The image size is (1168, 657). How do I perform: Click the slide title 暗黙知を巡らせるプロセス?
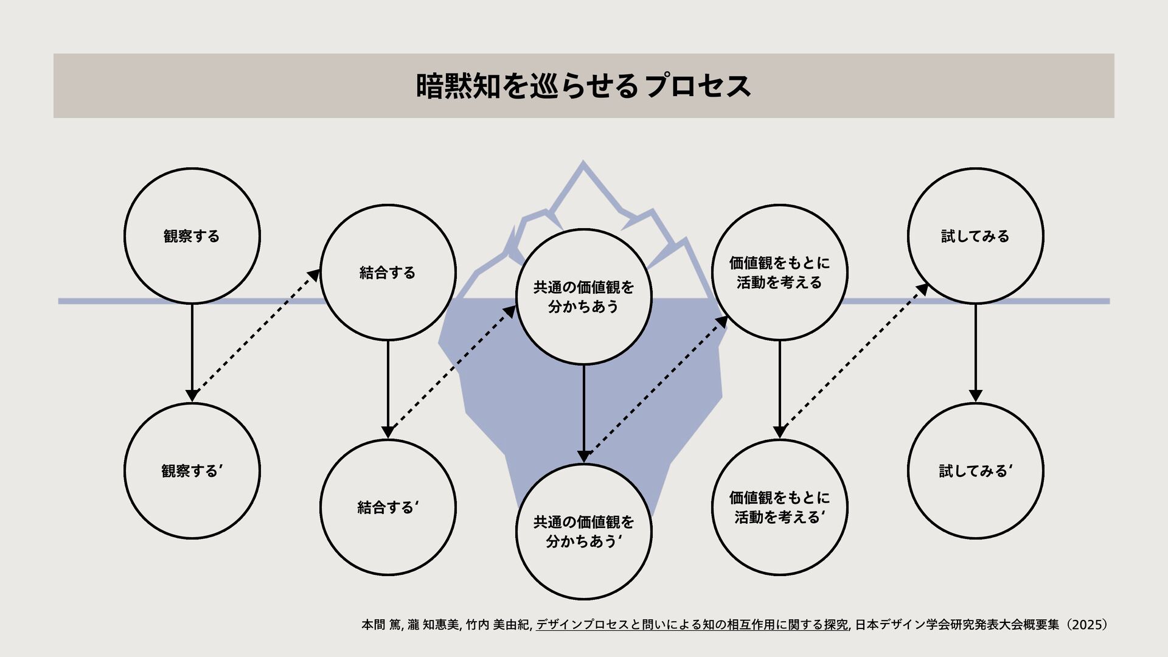(x=583, y=86)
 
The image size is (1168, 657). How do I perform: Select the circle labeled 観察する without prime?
(x=192, y=236)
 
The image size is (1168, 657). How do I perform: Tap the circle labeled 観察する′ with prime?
(x=192, y=471)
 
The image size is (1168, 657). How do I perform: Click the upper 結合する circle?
(x=388, y=273)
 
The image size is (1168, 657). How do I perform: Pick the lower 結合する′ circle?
(x=388, y=507)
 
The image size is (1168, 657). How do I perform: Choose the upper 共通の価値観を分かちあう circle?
(x=583, y=297)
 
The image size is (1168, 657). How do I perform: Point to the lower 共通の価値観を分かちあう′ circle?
(x=583, y=532)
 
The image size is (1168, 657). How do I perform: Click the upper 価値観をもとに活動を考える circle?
(x=779, y=273)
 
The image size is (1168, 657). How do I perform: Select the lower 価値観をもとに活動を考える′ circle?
(x=779, y=507)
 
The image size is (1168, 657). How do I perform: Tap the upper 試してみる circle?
(x=975, y=236)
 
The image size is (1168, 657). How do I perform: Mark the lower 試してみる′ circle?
(x=975, y=471)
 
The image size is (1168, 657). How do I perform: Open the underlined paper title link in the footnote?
(x=692, y=625)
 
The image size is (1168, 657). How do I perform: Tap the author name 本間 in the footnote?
(x=373, y=625)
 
